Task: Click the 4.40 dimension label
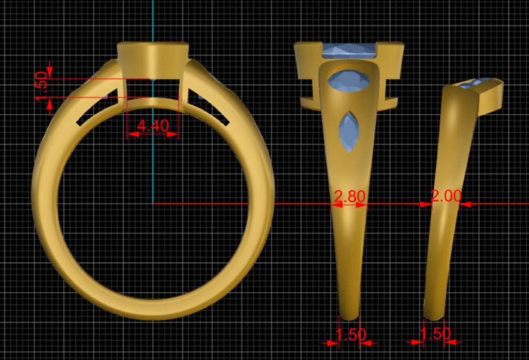coord(153,126)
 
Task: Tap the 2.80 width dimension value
coord(350,197)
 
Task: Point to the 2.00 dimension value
coord(446,196)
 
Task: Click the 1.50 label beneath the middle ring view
coord(350,334)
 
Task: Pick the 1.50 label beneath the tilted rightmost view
coord(435,334)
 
